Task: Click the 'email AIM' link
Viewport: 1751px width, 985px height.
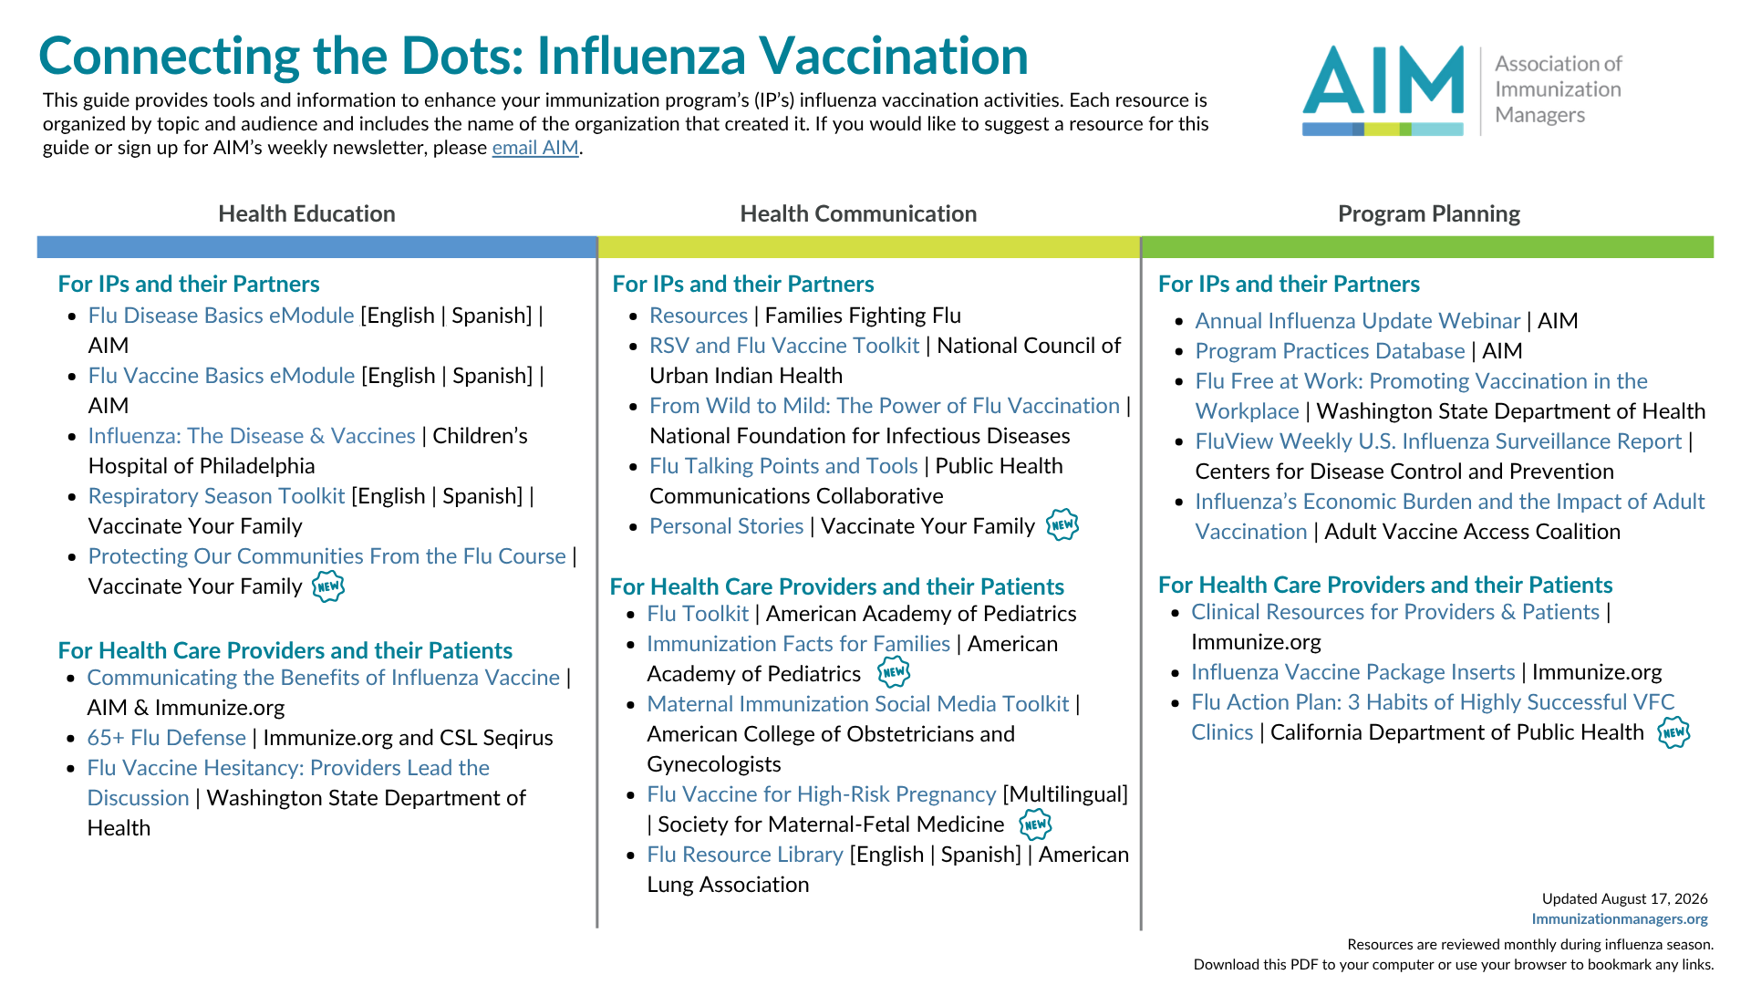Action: click(535, 148)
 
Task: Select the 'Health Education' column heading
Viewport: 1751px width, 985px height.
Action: click(306, 213)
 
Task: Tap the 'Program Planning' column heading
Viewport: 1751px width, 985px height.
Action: click(1428, 213)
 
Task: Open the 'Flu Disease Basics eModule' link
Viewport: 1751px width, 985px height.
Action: click(221, 316)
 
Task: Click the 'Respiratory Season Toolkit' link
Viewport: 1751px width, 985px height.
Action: click(216, 496)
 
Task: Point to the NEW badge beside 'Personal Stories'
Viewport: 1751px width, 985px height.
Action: click(1062, 525)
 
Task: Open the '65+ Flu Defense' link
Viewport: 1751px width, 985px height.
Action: click(166, 738)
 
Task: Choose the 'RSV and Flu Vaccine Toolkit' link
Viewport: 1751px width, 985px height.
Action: click(784, 346)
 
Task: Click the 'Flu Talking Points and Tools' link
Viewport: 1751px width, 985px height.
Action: click(783, 466)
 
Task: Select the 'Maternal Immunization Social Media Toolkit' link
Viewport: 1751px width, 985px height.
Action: click(857, 704)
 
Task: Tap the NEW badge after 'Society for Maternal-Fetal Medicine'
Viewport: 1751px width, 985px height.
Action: click(1035, 824)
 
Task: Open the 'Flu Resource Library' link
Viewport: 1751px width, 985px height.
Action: click(745, 855)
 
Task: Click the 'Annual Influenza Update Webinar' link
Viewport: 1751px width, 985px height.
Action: click(1358, 321)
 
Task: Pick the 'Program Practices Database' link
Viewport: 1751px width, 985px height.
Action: click(1330, 351)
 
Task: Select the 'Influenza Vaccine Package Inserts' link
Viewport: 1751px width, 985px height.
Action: click(1352, 672)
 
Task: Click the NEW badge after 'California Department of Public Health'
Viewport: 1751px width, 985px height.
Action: click(1673, 732)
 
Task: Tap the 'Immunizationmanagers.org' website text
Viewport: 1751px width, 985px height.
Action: click(1620, 919)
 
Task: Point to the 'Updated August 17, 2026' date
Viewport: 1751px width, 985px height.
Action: click(1624, 899)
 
